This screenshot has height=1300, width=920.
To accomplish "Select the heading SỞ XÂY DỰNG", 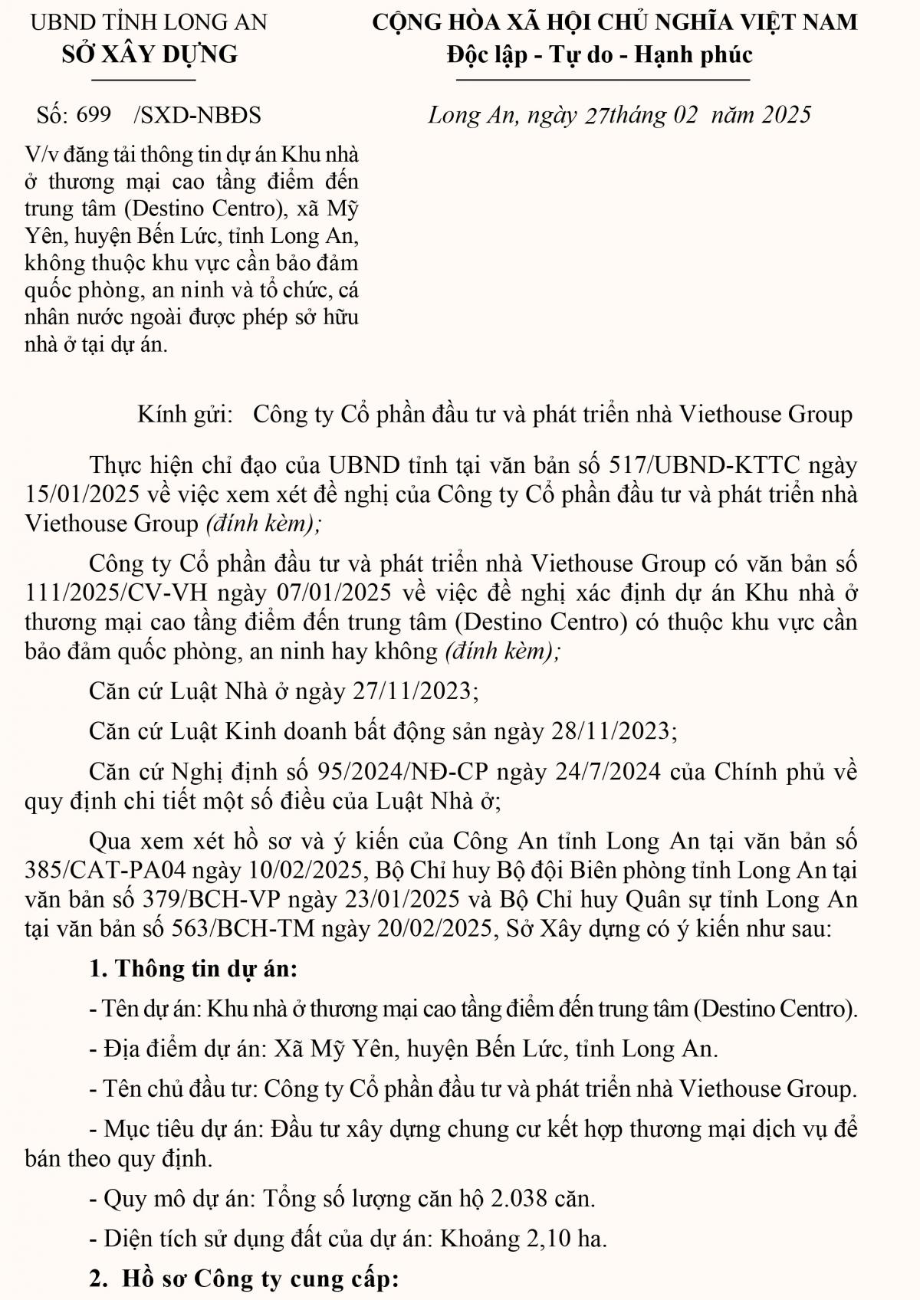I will click(x=149, y=54).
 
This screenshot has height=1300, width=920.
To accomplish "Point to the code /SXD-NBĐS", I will click(x=197, y=115).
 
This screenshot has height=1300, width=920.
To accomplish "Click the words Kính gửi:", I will click(x=185, y=415).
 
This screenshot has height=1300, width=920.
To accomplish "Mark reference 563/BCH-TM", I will click(x=204, y=929).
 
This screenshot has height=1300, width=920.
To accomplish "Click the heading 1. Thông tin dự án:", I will click(x=193, y=969).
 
